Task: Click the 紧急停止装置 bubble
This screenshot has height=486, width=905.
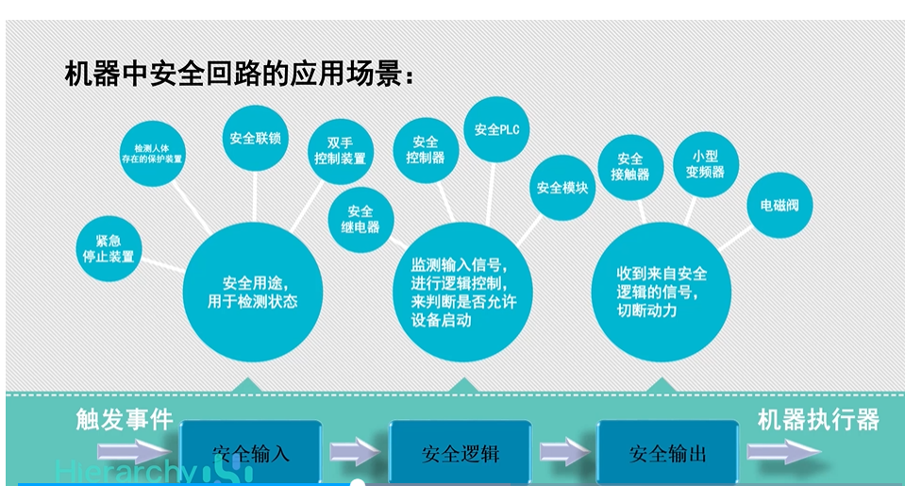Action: point(109,247)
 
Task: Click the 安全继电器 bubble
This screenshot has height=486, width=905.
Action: point(360,219)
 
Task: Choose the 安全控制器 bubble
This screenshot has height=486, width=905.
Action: point(425,150)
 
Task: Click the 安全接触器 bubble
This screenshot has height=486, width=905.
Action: point(629,166)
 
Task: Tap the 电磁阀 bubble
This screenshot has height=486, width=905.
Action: point(779,204)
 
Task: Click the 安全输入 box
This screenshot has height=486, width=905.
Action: point(250,453)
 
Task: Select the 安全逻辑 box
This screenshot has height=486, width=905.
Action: point(460,453)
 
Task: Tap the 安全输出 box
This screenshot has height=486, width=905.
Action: point(667,453)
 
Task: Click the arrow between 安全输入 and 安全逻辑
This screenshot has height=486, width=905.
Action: point(357,452)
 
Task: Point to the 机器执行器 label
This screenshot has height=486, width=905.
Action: point(818,420)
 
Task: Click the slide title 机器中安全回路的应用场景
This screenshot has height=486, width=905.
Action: point(239,75)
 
